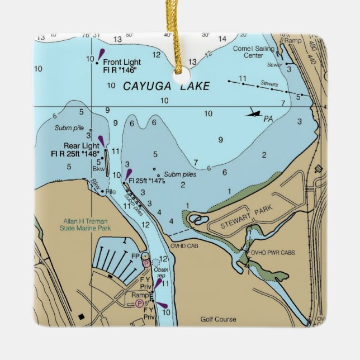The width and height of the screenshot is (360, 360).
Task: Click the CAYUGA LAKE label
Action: [x=166, y=86]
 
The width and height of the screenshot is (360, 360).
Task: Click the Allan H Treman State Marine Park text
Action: [x=87, y=224]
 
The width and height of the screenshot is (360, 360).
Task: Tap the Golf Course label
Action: [x=218, y=320]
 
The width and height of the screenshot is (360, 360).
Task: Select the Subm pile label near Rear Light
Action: [x=69, y=127]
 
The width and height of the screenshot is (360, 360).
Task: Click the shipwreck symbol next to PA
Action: [x=254, y=113]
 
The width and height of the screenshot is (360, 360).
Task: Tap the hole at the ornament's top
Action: [x=179, y=70]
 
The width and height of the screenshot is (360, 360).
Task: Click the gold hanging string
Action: [x=181, y=28]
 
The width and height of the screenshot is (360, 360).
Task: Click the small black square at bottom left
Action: [x=83, y=317]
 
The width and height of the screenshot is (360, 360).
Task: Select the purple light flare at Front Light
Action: [x=101, y=54]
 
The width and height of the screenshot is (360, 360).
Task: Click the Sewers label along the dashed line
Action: [x=269, y=84]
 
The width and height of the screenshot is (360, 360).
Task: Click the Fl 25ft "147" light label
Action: [x=144, y=181]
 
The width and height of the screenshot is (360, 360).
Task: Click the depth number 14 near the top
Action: [x=222, y=39]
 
